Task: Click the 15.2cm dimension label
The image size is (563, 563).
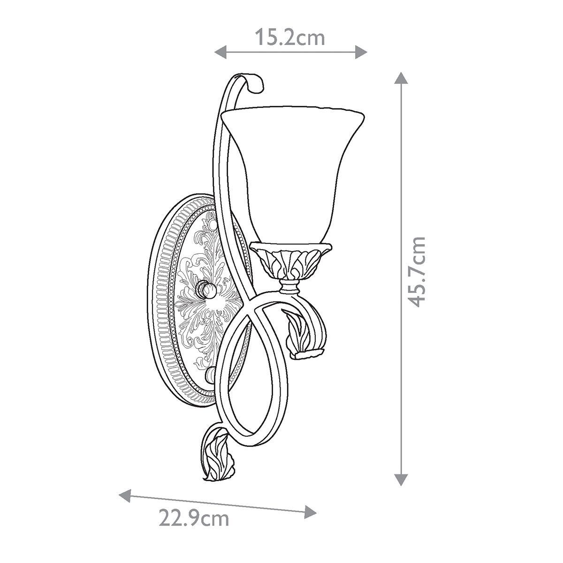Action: [290, 38]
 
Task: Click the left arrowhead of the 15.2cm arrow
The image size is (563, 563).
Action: [221, 52]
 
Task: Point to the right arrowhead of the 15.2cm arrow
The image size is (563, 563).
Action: [361, 52]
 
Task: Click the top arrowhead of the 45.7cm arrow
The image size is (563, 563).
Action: [401, 78]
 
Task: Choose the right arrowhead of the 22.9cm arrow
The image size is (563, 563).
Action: [310, 512]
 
